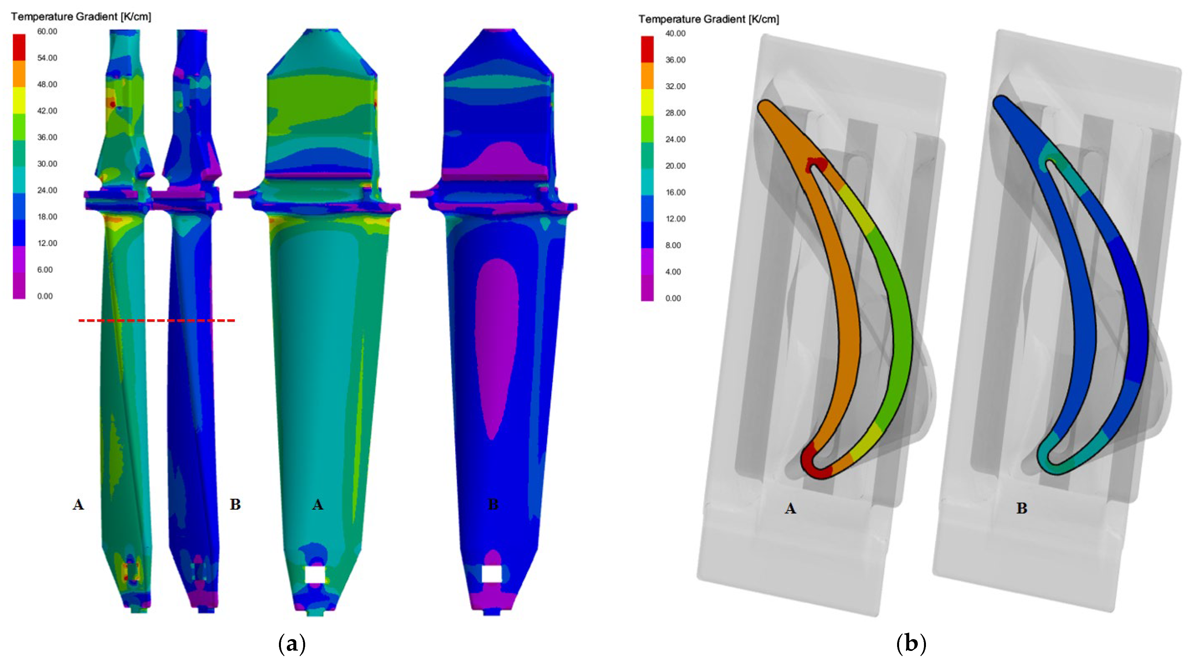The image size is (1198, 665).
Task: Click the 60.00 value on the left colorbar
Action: pos(47,31)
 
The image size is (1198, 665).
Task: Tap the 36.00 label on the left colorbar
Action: pos(47,137)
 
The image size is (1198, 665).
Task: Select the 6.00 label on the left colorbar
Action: pos(45,270)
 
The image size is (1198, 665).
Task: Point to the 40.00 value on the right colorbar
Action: pos(675,33)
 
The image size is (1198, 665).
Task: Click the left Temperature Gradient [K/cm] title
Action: pos(81,17)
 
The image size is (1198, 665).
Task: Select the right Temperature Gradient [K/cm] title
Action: pos(709,19)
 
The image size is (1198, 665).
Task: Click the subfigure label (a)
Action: pos(292,644)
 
